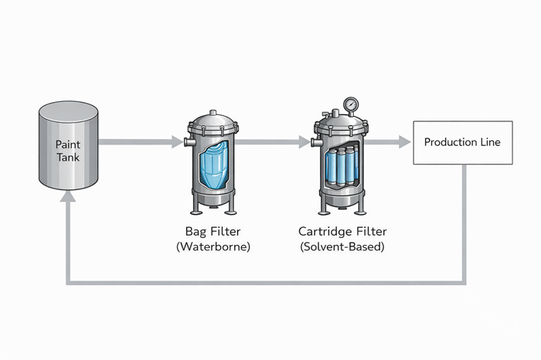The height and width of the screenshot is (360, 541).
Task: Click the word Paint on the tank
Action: [68, 144]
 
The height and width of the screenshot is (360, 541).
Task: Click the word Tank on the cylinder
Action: [68, 158]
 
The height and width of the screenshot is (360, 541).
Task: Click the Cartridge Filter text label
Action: [341, 231]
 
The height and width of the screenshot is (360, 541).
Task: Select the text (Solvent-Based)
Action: [341, 247]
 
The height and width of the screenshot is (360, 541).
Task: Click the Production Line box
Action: [463, 142]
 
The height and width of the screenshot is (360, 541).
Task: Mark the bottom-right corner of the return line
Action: [464, 283]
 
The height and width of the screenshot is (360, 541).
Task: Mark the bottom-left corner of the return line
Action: [70, 283]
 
